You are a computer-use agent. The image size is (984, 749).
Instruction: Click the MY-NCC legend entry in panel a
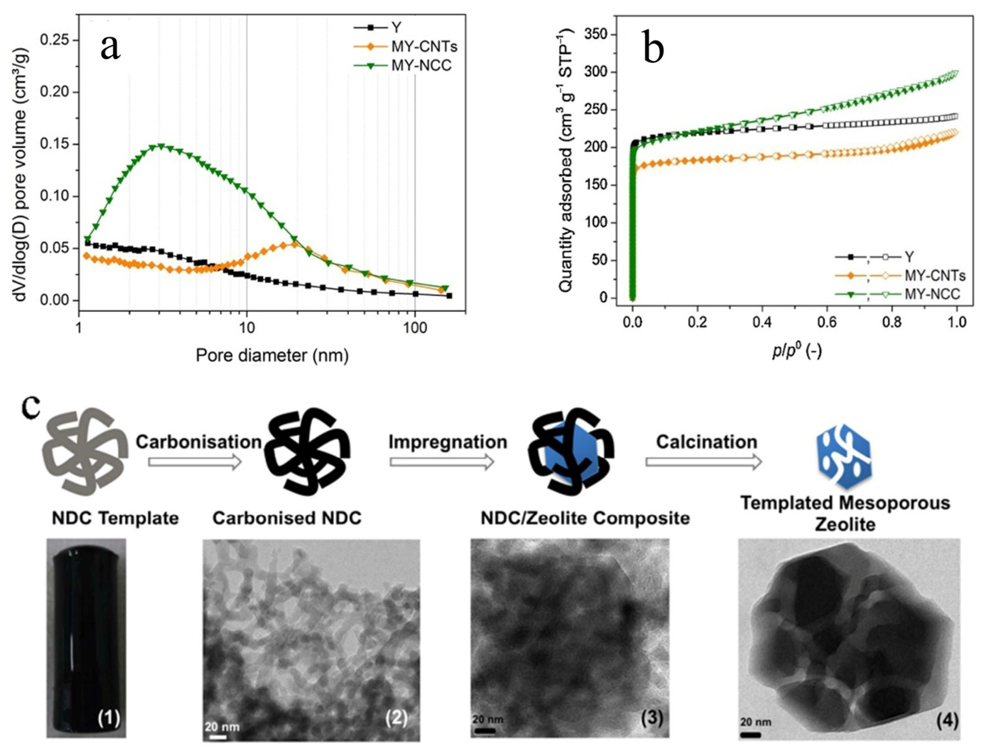click(421, 65)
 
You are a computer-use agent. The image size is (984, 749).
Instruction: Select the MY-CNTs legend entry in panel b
click(934, 276)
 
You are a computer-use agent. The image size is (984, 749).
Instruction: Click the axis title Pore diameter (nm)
click(272, 356)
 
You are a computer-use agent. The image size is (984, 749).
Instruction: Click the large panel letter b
click(653, 48)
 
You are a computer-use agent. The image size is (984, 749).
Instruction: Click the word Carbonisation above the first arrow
click(199, 442)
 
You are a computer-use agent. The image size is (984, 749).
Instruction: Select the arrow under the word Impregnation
click(442, 462)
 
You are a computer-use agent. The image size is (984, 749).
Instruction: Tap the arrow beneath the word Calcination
click(703, 462)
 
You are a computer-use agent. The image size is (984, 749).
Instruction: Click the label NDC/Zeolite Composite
click(585, 518)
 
